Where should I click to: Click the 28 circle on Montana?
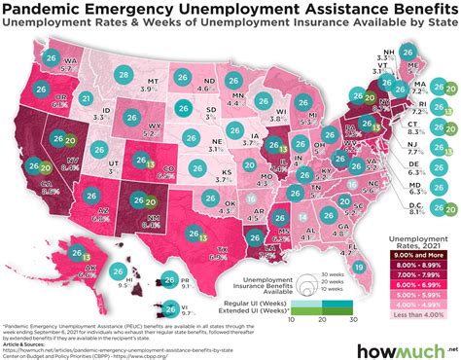tap(124, 75)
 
